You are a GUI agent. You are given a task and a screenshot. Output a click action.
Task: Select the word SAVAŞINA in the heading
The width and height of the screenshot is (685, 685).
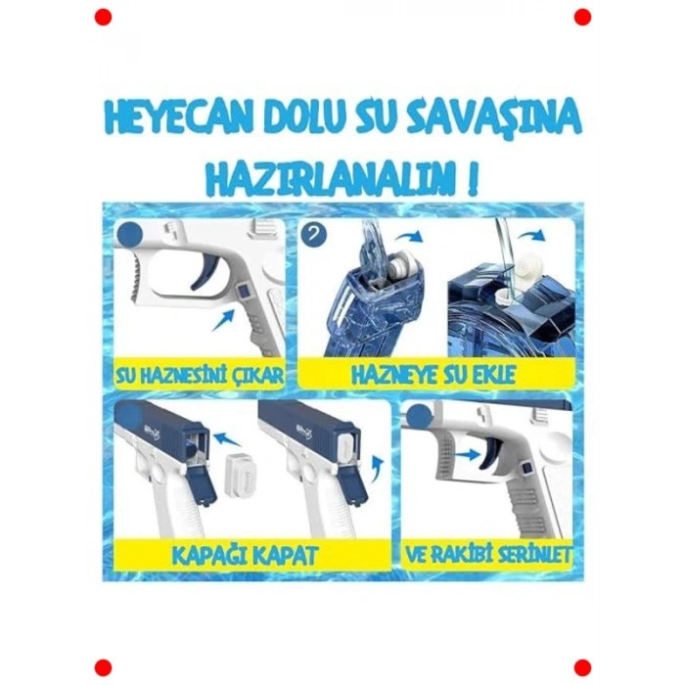505,119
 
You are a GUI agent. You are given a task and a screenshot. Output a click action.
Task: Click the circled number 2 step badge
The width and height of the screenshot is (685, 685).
314,236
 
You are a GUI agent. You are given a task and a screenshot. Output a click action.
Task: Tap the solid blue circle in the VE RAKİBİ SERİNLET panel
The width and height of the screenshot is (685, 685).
418,417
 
